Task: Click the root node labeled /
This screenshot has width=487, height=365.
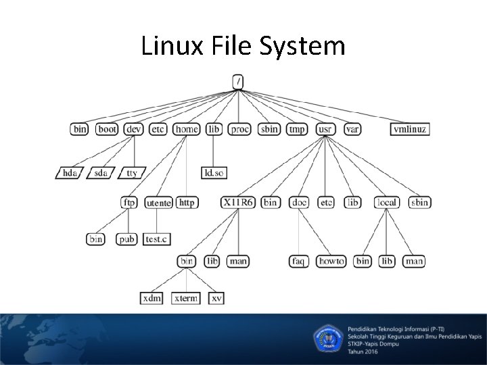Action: coord(238,81)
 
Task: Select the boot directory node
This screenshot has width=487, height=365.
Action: coord(107,129)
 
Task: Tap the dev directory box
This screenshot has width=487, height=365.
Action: coord(133,129)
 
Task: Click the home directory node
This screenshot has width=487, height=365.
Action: coord(186,129)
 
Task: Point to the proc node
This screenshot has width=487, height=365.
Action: coord(239,129)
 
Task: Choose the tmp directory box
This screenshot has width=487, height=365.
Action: coord(297,129)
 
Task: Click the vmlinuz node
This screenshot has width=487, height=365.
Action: coord(410,129)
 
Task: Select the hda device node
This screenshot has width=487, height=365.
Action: coord(69,173)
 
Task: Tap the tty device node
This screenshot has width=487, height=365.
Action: coord(131,173)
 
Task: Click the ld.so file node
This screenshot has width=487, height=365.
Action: coord(214,173)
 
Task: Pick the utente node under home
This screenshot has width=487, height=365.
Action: coord(159,203)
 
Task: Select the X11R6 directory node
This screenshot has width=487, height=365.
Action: coord(237,202)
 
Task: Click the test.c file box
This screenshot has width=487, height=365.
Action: coord(157,239)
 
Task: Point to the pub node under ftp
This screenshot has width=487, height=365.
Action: coord(126,239)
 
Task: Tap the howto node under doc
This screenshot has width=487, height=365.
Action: coord(331,261)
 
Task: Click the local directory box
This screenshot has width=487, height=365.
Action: coord(387,202)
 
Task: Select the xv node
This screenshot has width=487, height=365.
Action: coord(216,298)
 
